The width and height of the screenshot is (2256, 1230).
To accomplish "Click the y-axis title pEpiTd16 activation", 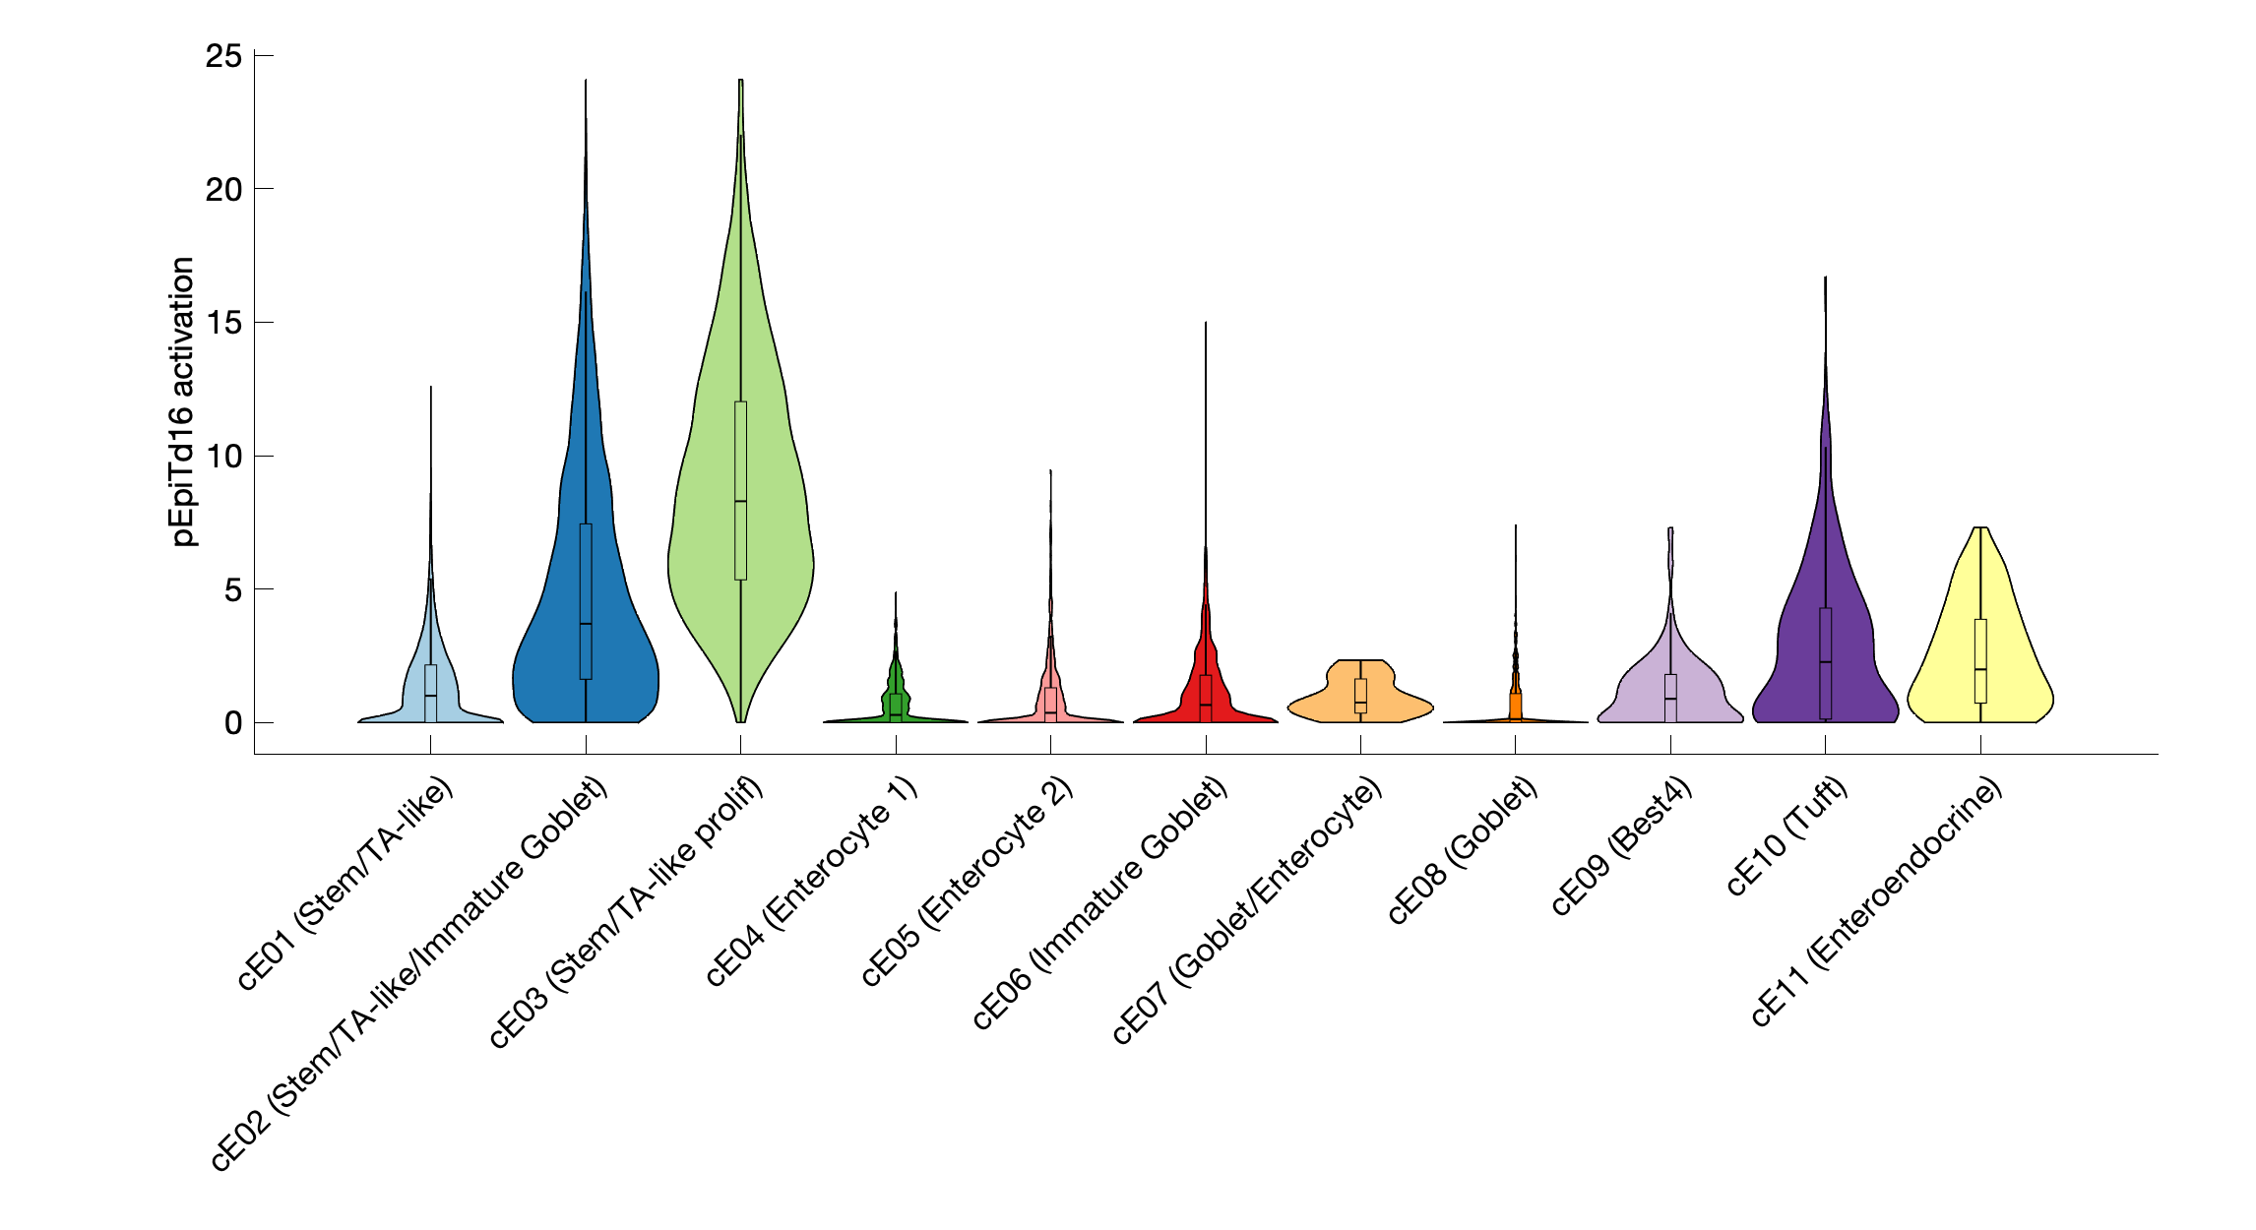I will click(x=183, y=401).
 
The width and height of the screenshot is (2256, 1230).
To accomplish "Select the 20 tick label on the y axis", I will click(x=223, y=189).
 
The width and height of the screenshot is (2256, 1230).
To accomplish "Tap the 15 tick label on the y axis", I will click(x=223, y=323).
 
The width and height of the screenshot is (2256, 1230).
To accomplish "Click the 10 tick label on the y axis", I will click(x=223, y=456).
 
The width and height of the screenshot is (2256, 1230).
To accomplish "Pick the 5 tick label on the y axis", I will click(x=232, y=589).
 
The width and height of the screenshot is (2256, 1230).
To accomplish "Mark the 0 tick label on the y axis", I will click(x=232, y=723).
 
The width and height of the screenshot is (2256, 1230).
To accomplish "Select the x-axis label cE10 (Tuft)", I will click(x=1787, y=836).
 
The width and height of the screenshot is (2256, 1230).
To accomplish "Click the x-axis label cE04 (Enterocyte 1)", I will click(x=812, y=882).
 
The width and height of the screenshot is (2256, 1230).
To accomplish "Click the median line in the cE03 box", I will click(x=740, y=501).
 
